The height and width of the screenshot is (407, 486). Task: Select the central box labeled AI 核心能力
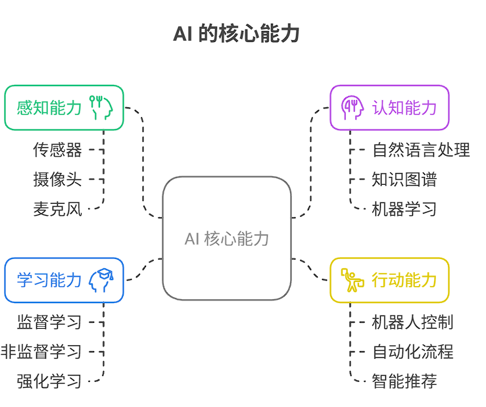tap(227, 238)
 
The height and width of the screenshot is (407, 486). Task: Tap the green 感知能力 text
tap(49, 108)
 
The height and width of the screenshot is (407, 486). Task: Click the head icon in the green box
tap(101, 108)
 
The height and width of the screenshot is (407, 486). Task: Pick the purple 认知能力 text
tap(404, 108)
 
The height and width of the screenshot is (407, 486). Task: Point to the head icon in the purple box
tap(352, 108)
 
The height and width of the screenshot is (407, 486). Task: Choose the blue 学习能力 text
tap(49, 280)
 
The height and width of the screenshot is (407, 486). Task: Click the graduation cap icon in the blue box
tap(101, 280)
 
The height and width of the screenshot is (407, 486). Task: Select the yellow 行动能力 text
tap(404, 280)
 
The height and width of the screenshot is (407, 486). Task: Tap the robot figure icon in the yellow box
tap(352, 280)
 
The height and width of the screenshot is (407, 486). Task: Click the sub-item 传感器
tap(58, 150)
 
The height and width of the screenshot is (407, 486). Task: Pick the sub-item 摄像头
tap(58, 180)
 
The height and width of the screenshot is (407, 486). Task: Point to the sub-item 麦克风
tap(58, 209)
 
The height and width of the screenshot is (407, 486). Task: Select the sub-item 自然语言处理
tap(421, 150)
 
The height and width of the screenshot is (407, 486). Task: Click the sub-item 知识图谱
tap(404, 180)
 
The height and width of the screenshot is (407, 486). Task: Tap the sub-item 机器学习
tap(404, 209)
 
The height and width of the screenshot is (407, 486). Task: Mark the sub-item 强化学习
tap(49, 381)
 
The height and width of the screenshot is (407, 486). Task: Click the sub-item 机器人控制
tap(412, 322)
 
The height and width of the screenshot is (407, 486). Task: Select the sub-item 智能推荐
tap(404, 381)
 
